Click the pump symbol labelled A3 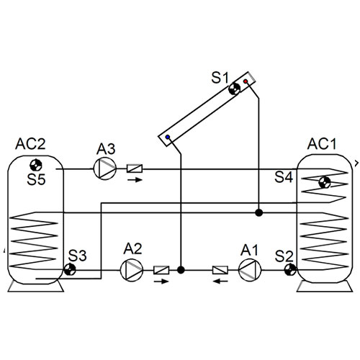[105, 168]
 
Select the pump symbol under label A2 [132, 270]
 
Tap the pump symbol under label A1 [250, 270]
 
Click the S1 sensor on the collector [234, 89]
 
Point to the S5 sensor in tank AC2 [36, 165]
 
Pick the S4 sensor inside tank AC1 [325, 183]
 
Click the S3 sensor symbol [70, 270]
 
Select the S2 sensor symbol [290, 270]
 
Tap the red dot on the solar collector [246, 81]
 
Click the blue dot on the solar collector [168, 137]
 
